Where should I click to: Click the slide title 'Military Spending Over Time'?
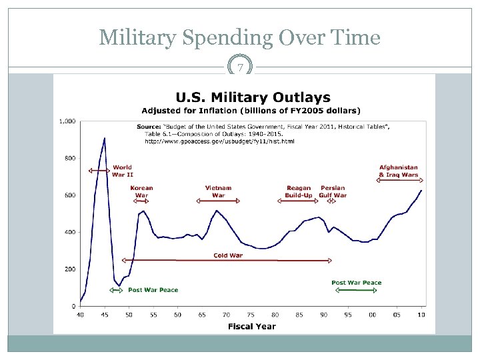[239, 37]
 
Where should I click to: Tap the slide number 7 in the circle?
[240, 67]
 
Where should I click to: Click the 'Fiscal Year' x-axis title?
[251, 326]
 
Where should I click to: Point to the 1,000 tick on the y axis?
[67, 121]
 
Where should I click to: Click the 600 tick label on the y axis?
[69, 195]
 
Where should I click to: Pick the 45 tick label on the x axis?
[105, 314]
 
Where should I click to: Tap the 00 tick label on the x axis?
[372, 314]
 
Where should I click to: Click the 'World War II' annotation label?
[122, 171]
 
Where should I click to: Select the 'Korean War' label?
[141, 191]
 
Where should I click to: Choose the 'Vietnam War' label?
[219, 191]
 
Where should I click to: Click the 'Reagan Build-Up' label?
[299, 191]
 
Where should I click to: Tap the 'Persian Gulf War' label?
[333, 191]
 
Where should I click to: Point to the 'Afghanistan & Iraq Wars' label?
[399, 171]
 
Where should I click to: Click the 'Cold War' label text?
[228, 255]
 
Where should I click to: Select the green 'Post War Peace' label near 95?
[357, 283]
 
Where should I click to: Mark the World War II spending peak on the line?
[105, 138]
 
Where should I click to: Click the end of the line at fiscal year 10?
[421, 191]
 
